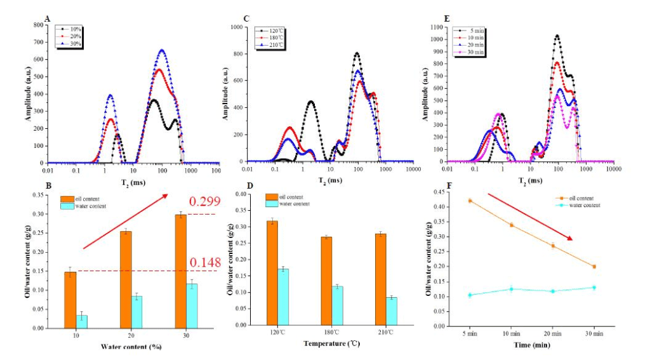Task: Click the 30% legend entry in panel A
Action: [x=72, y=43]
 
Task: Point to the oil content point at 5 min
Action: [x=470, y=201]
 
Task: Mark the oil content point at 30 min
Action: [x=594, y=267]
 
